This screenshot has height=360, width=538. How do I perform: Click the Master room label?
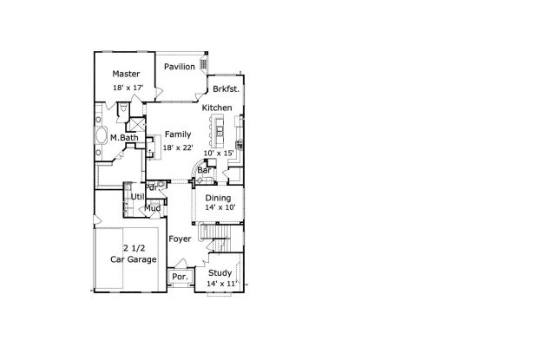[126, 74]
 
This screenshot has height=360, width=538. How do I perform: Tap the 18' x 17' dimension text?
[128, 88]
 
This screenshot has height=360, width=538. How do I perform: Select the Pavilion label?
[180, 67]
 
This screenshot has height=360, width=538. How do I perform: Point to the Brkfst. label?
[226, 89]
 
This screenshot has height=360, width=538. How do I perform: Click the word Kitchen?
[217, 108]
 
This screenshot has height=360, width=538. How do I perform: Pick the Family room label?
[178, 134]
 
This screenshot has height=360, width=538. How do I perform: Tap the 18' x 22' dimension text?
[178, 147]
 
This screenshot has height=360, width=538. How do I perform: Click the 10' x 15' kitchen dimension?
[219, 153]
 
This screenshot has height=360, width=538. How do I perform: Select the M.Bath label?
[124, 138]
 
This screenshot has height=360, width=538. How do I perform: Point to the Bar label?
[204, 170]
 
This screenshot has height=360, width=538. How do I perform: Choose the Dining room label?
[218, 198]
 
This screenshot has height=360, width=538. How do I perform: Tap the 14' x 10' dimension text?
[220, 207]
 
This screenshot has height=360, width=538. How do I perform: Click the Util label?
[138, 197]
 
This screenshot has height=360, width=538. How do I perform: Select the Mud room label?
[153, 208]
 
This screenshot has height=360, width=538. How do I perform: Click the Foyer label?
[180, 239]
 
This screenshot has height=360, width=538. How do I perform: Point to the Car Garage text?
[134, 259]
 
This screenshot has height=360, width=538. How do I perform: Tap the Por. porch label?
[180, 277]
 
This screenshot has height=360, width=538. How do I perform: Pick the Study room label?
[220, 273]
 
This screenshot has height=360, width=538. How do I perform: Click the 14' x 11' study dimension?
[221, 284]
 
